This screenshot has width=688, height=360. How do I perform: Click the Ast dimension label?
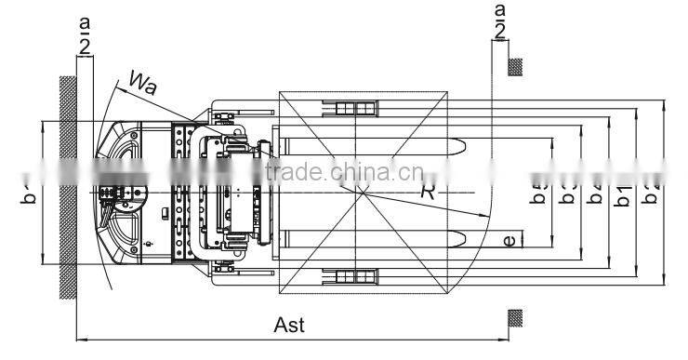289,326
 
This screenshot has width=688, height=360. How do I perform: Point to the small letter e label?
509,241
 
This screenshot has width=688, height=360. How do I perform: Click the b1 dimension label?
623,195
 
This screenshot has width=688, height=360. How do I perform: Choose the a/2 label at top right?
499,20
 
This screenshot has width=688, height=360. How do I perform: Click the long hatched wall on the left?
67,186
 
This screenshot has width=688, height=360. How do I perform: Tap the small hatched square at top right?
514,66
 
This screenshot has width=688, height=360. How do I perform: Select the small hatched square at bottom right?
514,318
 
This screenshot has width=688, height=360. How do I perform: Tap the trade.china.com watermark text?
344,172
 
